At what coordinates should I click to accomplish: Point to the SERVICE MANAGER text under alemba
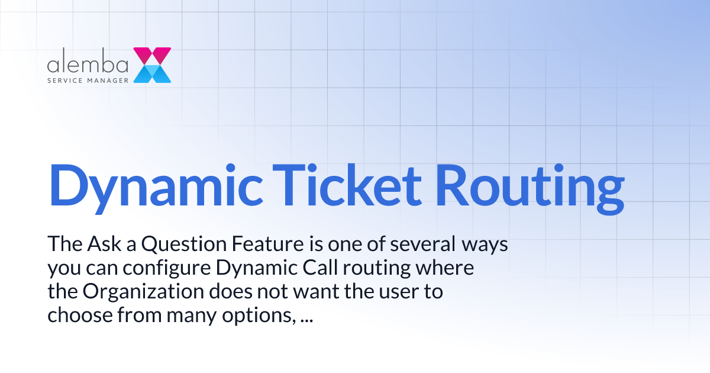(88, 79)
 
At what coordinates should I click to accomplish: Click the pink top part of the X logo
(152, 55)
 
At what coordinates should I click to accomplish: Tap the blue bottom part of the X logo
(152, 74)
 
